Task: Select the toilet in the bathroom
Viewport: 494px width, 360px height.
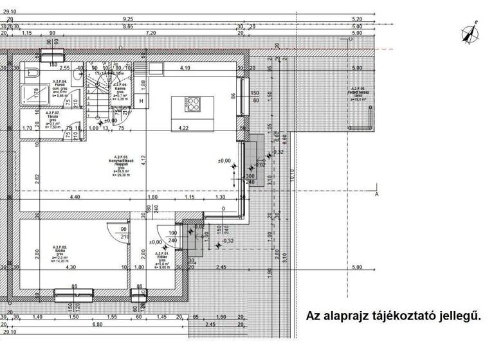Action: pyautogui.click(x=76, y=77)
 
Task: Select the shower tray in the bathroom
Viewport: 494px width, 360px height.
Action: pyautogui.click(x=29, y=96)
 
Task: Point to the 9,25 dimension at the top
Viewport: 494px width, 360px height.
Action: pyautogui.click(x=128, y=20)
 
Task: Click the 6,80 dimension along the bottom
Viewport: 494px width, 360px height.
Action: pyautogui.click(x=97, y=325)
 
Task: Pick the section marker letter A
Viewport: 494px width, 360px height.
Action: pyautogui.click(x=377, y=193)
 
